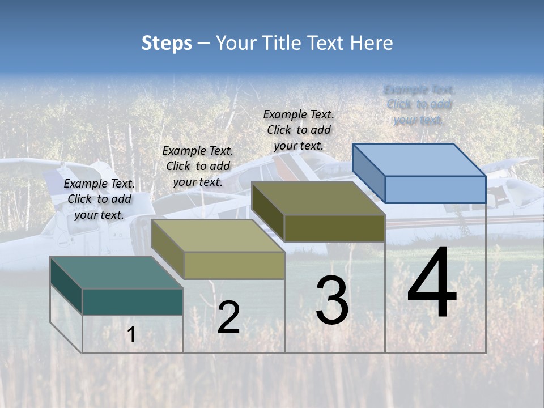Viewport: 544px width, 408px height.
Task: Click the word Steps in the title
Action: click(x=167, y=43)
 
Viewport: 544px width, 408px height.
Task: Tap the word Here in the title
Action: click(x=371, y=43)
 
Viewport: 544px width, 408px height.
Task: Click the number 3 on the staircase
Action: click(x=332, y=300)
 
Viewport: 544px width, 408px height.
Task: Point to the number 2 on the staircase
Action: click(x=228, y=317)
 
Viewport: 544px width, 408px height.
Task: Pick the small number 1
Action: click(x=131, y=334)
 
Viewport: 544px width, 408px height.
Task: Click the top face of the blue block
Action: click(x=419, y=159)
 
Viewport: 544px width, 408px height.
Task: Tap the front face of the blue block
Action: click(x=435, y=189)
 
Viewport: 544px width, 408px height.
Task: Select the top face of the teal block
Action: click(x=116, y=272)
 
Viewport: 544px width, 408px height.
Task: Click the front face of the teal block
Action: click(x=133, y=301)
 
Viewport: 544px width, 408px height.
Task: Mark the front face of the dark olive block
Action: click(x=334, y=228)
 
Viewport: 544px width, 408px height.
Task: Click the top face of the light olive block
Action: click(x=218, y=236)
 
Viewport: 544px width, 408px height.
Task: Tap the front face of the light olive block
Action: click(x=234, y=265)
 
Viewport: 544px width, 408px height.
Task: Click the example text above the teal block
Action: click(x=99, y=199)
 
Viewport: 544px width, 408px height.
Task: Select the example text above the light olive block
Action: click(x=198, y=166)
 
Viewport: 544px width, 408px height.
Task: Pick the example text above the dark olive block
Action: click(x=299, y=130)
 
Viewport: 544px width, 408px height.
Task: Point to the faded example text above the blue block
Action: click(x=419, y=105)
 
